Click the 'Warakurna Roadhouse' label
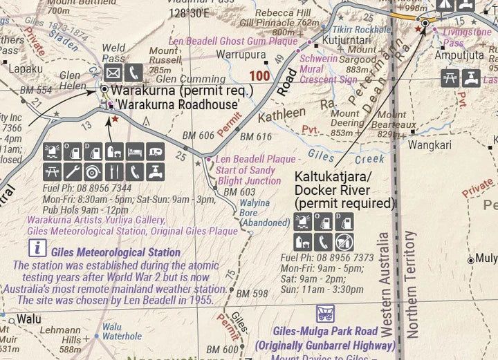(x=177, y=104)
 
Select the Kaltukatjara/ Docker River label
(x=344, y=190)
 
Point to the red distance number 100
(x=261, y=75)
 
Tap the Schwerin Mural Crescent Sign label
(x=328, y=68)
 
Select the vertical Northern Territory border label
(x=412, y=283)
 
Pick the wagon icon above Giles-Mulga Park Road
(x=325, y=314)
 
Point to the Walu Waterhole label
(x=122, y=331)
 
